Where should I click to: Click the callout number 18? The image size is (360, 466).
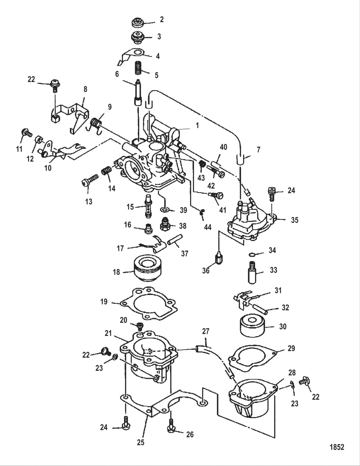[116, 272]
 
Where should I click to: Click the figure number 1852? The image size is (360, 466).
[337, 447]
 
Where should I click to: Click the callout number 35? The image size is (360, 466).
[294, 220]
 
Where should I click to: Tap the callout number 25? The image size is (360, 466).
[140, 443]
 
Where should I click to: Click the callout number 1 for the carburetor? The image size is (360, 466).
[197, 126]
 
